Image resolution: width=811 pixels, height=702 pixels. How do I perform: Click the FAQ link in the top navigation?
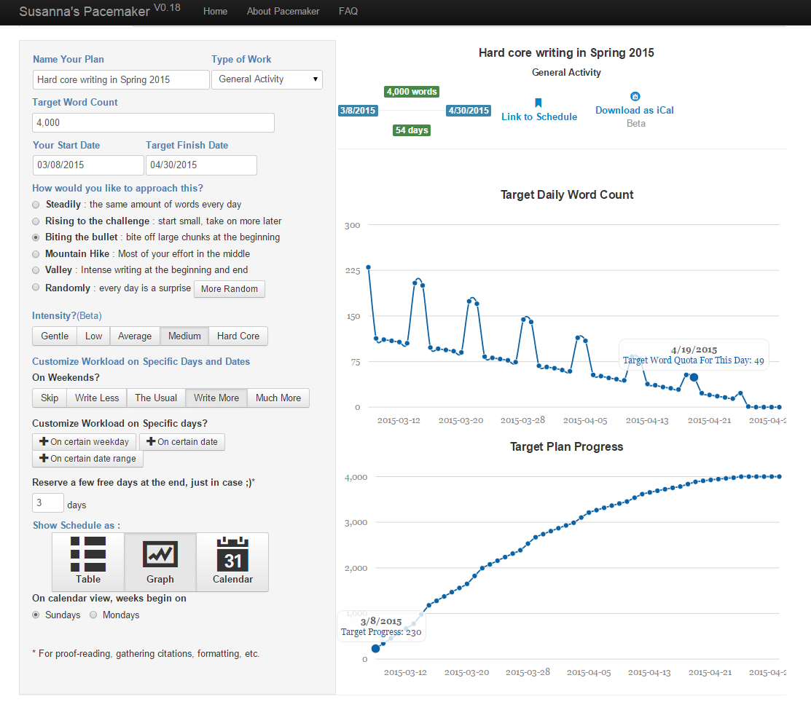[348, 11]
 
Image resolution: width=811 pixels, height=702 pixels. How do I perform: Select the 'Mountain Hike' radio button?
[36, 254]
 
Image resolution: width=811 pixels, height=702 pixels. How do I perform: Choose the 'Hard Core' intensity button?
[238, 336]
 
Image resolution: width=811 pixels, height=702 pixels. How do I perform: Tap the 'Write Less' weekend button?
[97, 398]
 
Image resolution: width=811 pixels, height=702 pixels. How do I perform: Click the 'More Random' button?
[229, 289]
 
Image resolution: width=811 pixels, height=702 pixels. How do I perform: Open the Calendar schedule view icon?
[232, 562]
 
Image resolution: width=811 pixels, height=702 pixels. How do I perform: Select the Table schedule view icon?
[88, 562]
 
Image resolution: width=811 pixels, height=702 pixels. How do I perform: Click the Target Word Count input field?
[153, 122]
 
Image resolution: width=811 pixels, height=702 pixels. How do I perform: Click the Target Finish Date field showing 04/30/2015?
[201, 165]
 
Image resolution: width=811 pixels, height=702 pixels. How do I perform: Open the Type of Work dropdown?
[267, 79]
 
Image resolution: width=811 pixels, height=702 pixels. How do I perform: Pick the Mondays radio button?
[93, 615]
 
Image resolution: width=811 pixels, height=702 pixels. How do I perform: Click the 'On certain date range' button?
[88, 459]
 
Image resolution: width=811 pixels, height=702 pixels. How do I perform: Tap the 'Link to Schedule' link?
[539, 117]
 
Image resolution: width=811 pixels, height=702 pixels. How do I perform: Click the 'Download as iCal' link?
[635, 110]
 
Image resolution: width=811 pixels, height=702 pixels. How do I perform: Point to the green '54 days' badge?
[412, 130]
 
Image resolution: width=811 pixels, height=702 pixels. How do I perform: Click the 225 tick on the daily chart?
[353, 271]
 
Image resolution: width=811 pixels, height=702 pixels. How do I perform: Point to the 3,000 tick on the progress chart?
[356, 523]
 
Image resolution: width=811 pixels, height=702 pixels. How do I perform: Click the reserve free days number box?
[47, 503]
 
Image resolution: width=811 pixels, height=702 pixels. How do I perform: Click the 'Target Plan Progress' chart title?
[566, 446]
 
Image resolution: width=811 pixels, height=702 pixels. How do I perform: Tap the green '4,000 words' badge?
[412, 92]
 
